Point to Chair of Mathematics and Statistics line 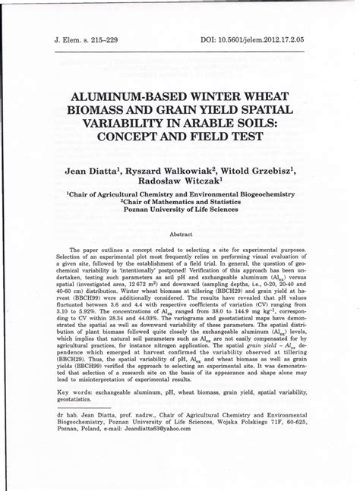click(179, 203)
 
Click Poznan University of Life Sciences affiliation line click(179, 210)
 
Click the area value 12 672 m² click(169, 283)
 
